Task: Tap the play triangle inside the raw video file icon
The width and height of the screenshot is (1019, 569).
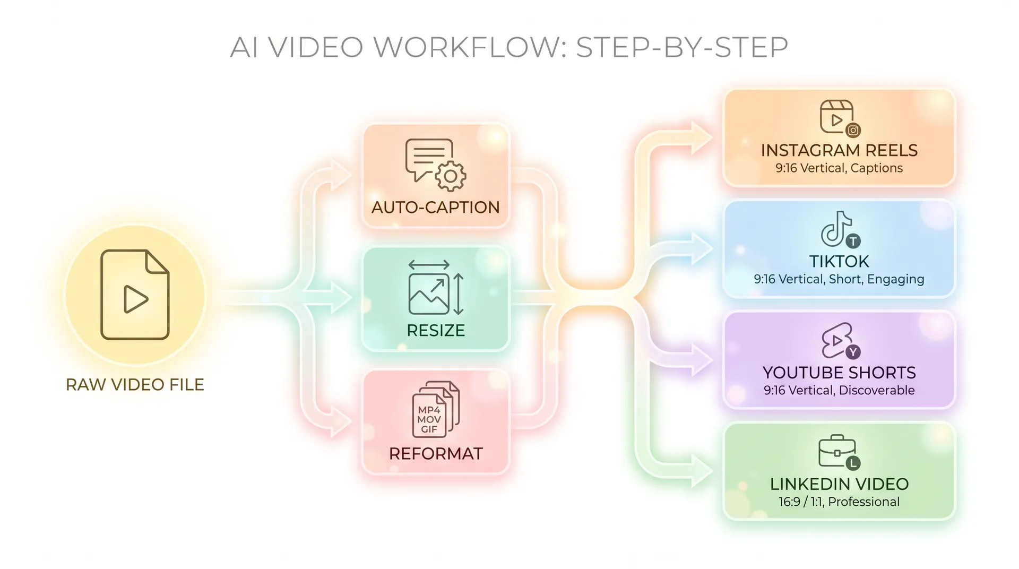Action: pyautogui.click(x=135, y=299)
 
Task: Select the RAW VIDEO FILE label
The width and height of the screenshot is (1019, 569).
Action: pyautogui.click(x=135, y=384)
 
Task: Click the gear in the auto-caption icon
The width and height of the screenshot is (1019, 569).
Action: pyautogui.click(x=451, y=176)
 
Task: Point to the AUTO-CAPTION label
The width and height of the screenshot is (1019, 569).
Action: pyautogui.click(x=436, y=207)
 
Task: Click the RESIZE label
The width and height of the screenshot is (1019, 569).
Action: pyautogui.click(x=436, y=330)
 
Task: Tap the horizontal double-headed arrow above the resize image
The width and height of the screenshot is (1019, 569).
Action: pyautogui.click(x=429, y=265)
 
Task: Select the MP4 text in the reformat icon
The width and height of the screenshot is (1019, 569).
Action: pyautogui.click(x=429, y=410)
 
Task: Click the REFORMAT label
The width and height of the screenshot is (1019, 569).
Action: pyautogui.click(x=436, y=453)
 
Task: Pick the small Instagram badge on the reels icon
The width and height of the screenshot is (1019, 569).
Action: pyautogui.click(x=853, y=130)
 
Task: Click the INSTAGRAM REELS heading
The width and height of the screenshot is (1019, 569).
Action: pyautogui.click(x=839, y=150)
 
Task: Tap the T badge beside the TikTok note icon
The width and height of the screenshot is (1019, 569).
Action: pyautogui.click(x=853, y=241)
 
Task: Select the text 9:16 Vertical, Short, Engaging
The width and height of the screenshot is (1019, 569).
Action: pyautogui.click(x=839, y=279)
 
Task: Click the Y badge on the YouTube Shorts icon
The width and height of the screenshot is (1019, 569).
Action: pyautogui.click(x=853, y=352)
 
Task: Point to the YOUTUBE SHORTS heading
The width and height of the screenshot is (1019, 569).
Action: pyautogui.click(x=839, y=373)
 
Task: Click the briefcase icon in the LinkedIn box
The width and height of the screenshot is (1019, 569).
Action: pyautogui.click(x=837, y=451)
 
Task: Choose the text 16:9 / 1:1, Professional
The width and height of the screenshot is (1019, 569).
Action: pyautogui.click(x=839, y=502)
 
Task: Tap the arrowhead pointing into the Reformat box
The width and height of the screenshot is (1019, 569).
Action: pyautogui.click(x=341, y=422)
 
